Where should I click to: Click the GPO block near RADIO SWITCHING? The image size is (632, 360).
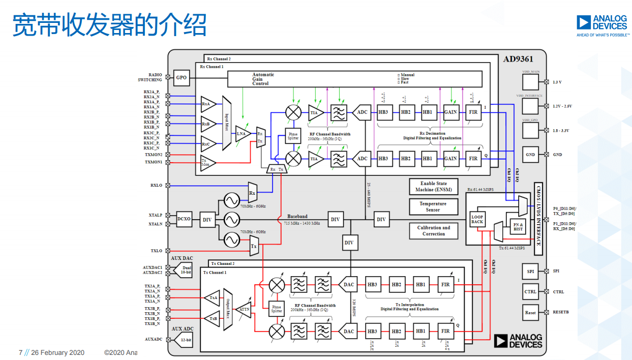pyautogui.click(x=182, y=78)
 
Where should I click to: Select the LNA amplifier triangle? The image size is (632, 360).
pyautogui.click(x=242, y=134)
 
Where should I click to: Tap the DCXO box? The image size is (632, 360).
pyautogui.click(x=184, y=219)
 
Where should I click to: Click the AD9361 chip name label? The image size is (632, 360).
pyautogui.click(x=520, y=59)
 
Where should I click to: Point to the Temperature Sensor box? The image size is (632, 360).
pyautogui.click(x=433, y=206)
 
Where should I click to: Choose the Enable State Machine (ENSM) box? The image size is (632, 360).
pyautogui.click(x=433, y=187)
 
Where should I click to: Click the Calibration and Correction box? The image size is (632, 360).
pyautogui.click(x=433, y=230)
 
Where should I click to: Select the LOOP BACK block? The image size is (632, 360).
pyautogui.click(x=477, y=219)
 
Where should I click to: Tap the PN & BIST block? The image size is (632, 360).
pyautogui.click(x=518, y=227)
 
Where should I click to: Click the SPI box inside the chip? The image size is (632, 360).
pyautogui.click(x=530, y=272)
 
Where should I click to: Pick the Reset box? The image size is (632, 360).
pyautogui.click(x=530, y=313)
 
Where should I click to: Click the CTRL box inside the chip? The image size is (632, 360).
pyautogui.click(x=530, y=292)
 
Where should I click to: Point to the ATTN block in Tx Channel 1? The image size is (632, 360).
pyautogui.click(x=245, y=309)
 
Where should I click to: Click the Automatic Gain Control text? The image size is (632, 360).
pyautogui.click(x=263, y=79)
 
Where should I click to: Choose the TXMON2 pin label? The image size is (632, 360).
pyautogui.click(x=153, y=155)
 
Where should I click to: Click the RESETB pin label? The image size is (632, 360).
pyautogui.click(x=561, y=312)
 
